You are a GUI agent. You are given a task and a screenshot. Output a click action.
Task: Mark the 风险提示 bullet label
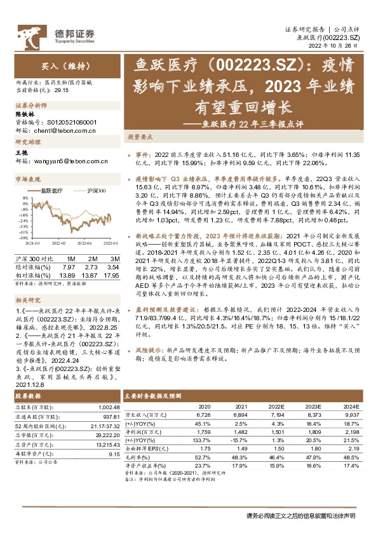[149, 349]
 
